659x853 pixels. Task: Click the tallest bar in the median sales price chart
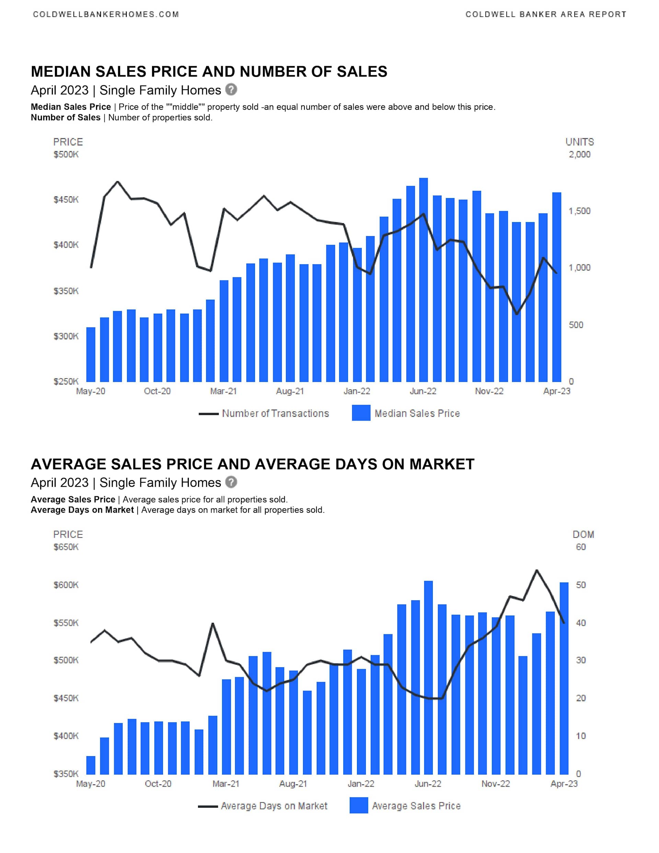pos(424,280)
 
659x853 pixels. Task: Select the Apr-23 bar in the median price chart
pos(557,287)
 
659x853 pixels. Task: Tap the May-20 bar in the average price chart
pos(91,765)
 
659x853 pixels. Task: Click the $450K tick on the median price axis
pos(66,199)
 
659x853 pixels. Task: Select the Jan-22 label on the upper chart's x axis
pos(357,391)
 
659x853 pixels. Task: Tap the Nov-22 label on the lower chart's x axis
pos(495,783)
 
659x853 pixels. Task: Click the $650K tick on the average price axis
pos(66,547)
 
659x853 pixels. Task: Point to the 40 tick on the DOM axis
pos(580,623)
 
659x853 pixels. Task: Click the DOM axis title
pos(583,534)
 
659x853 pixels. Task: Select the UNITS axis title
pos(579,142)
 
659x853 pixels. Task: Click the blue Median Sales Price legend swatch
pos(361,413)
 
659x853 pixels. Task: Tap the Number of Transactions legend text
pos(275,413)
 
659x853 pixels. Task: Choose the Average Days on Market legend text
pos(274,806)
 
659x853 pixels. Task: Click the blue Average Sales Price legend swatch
pos(359,805)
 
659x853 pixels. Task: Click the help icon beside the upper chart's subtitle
pos(231,90)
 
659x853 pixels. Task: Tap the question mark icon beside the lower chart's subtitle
pos(231,482)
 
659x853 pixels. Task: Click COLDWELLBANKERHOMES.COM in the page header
pos(106,14)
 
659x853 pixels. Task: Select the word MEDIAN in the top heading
pos(60,71)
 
